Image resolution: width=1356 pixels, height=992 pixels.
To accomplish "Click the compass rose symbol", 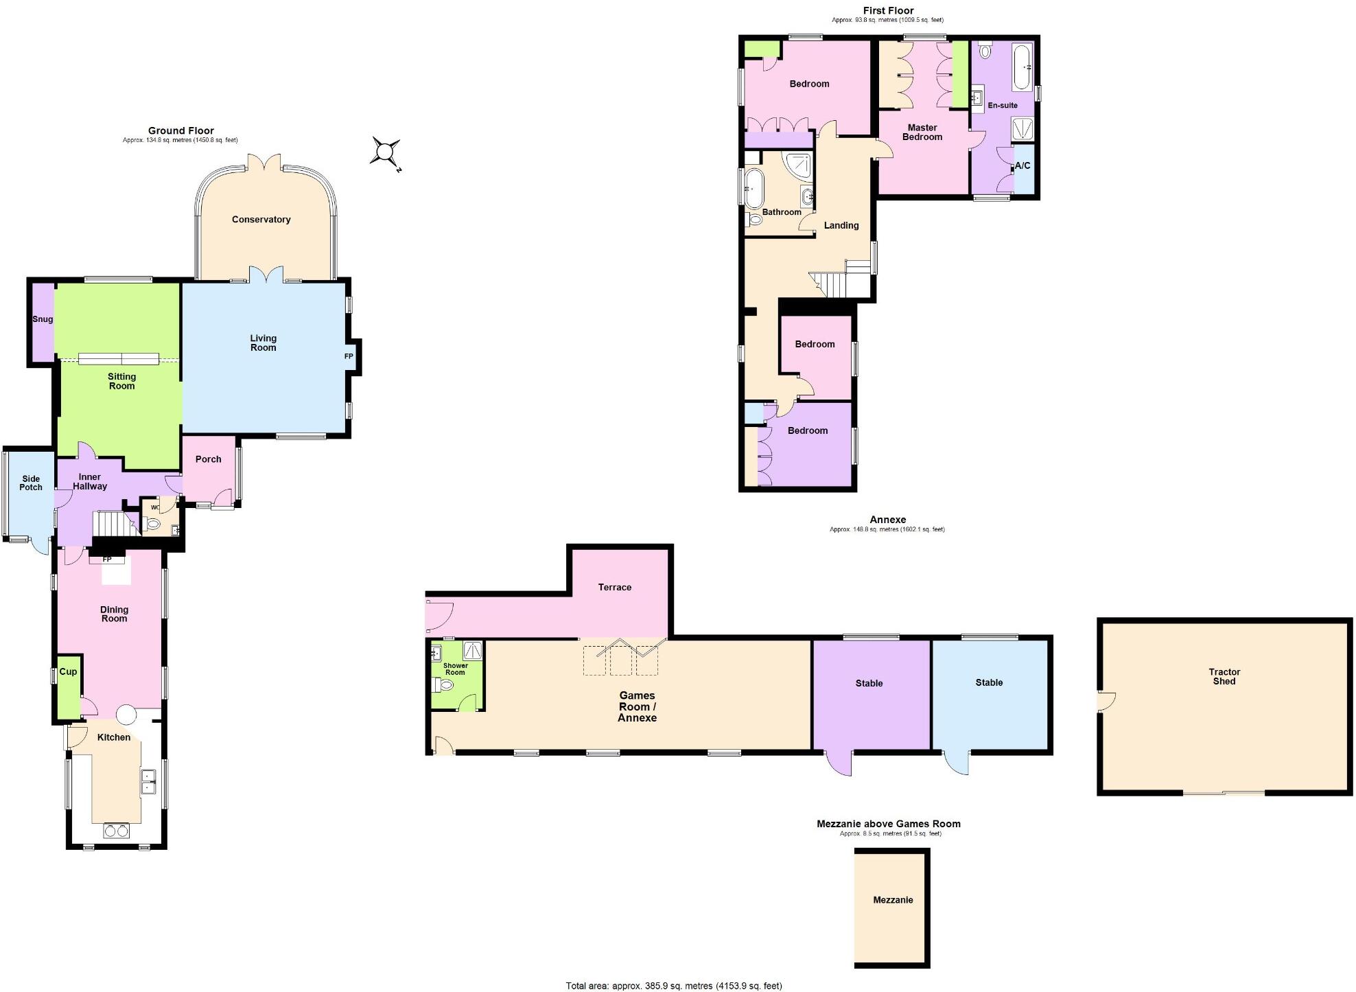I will (386, 151).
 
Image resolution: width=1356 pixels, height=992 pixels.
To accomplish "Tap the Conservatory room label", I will (261, 220).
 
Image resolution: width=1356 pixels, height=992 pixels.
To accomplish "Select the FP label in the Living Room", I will (349, 356).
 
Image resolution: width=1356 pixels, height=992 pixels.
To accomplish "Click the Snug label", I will (43, 319).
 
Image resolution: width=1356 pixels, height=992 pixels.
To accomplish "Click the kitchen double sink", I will (148, 781).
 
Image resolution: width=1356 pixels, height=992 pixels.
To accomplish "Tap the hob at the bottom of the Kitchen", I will (116, 831).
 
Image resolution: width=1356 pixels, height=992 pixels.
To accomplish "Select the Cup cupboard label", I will (68, 671).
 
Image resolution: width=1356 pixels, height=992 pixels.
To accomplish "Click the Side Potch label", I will (31, 483).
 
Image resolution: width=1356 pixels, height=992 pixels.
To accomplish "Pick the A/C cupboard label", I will (1022, 165).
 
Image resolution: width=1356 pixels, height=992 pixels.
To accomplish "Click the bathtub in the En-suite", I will (1022, 67).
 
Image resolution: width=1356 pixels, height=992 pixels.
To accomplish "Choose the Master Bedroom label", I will (922, 132).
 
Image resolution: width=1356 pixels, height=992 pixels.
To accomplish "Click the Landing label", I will (841, 225).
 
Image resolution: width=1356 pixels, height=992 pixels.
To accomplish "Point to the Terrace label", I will (614, 587).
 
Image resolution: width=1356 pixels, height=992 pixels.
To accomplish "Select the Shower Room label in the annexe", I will (455, 669).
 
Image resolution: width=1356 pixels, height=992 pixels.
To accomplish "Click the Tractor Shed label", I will (1224, 677).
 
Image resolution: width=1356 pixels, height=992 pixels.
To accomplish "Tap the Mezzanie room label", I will (893, 900).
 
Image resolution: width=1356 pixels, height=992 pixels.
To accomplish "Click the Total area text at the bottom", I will (673, 986).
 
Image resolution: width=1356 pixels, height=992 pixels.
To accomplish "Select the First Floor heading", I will (888, 10).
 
